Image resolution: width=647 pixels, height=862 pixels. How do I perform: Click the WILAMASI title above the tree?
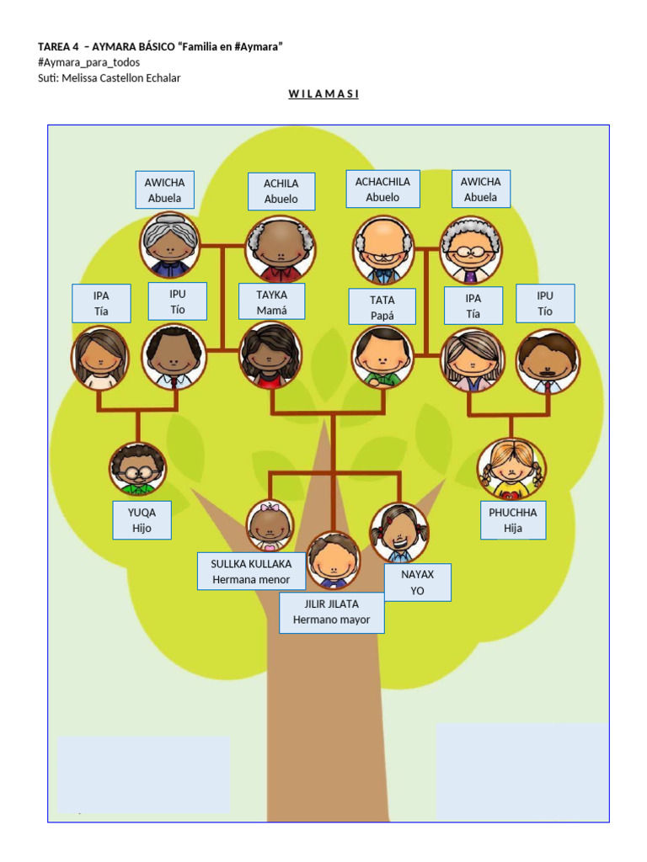(x=323, y=93)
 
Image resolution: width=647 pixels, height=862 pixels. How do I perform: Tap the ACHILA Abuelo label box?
(x=281, y=191)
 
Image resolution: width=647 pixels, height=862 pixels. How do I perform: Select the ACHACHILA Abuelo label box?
(x=382, y=189)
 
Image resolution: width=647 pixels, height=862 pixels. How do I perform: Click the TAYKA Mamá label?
(x=271, y=302)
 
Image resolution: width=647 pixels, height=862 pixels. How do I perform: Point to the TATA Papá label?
(x=382, y=307)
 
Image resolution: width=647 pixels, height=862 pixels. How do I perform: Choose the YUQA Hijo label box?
(x=142, y=520)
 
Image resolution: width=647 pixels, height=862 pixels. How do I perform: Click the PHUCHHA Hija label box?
(x=513, y=520)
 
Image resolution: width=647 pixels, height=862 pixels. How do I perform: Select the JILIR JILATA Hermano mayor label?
(x=331, y=612)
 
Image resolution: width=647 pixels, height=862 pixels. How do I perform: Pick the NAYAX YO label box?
(x=417, y=583)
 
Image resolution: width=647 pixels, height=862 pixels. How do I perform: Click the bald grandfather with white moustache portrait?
(x=383, y=250)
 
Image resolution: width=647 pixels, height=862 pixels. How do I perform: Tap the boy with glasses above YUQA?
(x=136, y=469)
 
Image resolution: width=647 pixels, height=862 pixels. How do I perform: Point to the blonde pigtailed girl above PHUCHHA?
(x=511, y=468)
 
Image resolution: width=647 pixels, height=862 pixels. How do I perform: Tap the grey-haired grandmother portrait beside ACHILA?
(x=169, y=245)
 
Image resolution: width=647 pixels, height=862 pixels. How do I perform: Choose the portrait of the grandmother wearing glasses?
(x=470, y=250)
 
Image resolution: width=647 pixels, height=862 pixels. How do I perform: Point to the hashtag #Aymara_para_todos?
(x=88, y=62)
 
